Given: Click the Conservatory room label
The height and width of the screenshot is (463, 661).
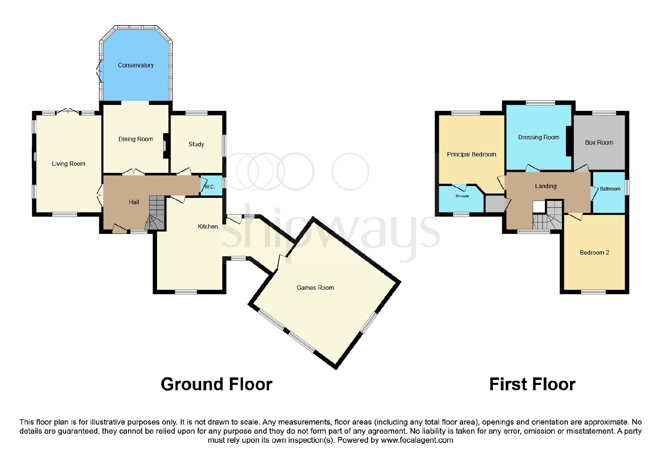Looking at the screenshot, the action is pos(136,65).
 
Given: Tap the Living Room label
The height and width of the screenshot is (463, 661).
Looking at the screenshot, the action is pos(69,164).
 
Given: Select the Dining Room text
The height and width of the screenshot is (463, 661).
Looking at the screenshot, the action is pos(136,139).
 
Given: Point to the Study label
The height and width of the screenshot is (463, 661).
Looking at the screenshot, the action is pos(196,144).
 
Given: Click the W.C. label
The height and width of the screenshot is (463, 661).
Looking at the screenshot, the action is pos(210,186).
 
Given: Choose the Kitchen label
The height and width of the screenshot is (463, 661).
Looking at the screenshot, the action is pos(208,227).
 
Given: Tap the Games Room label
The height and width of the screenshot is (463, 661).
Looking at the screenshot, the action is pos(315,288).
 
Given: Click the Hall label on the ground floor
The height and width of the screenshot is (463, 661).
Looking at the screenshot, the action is pos(134,202).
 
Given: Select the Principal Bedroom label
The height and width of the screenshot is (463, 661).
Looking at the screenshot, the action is pos(471,155).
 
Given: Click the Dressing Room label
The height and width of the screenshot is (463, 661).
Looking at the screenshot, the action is pos(539,137).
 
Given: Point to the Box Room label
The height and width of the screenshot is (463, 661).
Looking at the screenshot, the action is pos(599,143).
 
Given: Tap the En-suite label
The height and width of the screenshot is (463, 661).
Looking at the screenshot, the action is pos(462,196).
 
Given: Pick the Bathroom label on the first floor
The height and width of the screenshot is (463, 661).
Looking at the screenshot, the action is pos(610,189).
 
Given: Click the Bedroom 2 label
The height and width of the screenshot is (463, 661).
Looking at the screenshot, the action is pos(594,253).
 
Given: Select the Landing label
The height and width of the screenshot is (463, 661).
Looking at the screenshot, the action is pos(546,186).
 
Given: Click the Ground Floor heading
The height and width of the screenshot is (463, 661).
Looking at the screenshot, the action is pos(216,384).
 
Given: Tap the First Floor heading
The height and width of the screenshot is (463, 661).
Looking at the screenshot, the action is pos(533,384).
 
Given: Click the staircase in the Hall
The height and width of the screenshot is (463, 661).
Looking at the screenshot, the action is pos(155,212).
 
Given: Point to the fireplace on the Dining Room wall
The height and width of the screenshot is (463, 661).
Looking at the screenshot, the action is pos(166,146).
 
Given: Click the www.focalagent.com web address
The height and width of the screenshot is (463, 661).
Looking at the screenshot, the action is pos(417,440).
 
